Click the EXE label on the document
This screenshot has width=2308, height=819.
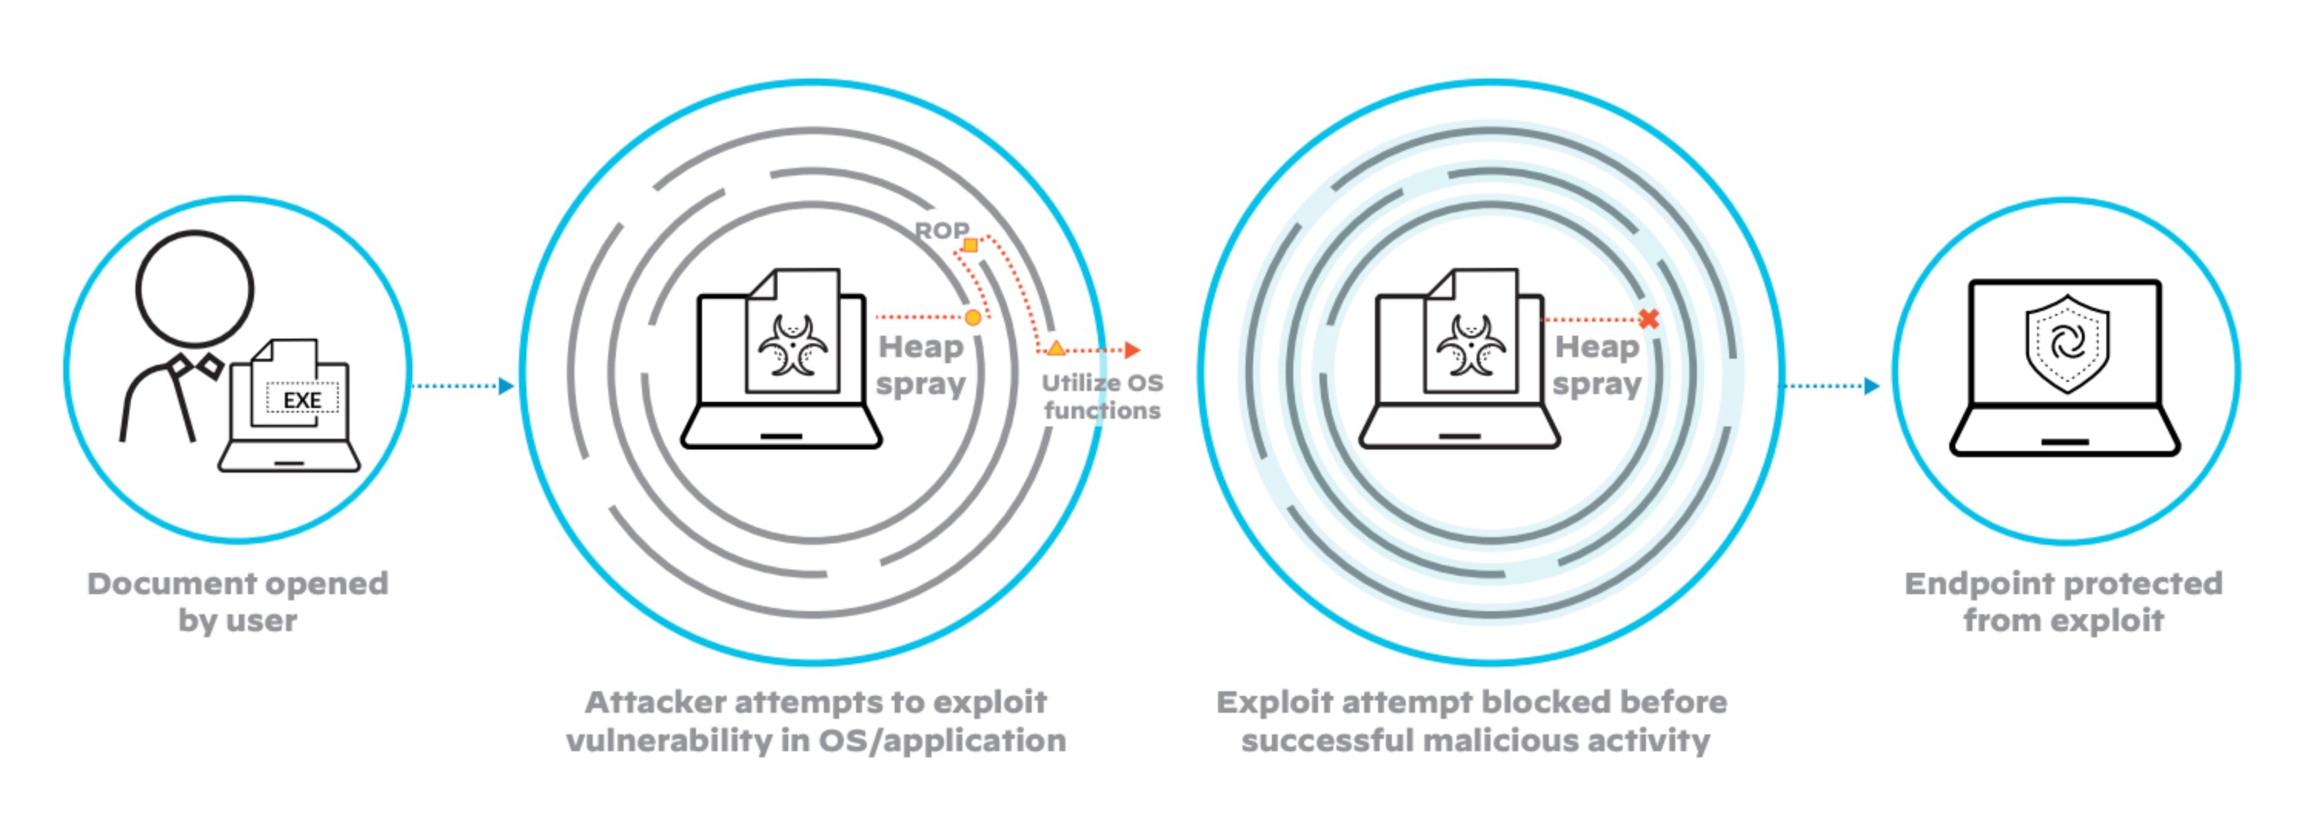pos(302,399)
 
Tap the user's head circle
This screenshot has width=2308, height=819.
pos(195,289)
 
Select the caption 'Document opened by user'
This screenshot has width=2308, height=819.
pos(237,601)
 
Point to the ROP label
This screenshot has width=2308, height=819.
pos(941,230)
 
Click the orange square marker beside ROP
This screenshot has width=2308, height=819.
pos(970,245)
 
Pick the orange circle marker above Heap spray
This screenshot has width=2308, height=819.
pos(973,317)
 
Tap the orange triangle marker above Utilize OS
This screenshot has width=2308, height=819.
pos(1056,348)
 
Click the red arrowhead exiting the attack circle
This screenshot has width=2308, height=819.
pos(1133,349)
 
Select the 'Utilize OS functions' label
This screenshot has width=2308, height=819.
pos(1102,396)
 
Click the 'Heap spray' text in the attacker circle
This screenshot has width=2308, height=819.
pos(921,365)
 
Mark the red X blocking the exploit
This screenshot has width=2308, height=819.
pos(1648,318)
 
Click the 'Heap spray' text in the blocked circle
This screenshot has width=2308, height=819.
pos(1597,365)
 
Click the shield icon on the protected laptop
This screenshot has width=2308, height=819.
pos(2067,343)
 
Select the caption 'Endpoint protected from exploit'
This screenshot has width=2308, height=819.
pos(2063,601)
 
